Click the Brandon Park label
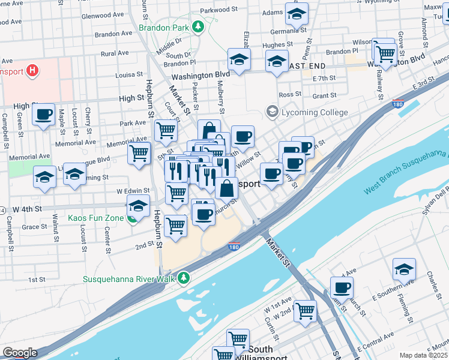[163, 28]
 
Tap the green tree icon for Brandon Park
[197, 27]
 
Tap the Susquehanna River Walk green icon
[185, 277]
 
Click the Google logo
[20, 352]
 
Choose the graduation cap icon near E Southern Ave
[404, 269]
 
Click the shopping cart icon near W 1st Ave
[305, 311]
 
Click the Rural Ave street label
[115, 53]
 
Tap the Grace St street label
[34, 227]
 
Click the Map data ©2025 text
[424, 355]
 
